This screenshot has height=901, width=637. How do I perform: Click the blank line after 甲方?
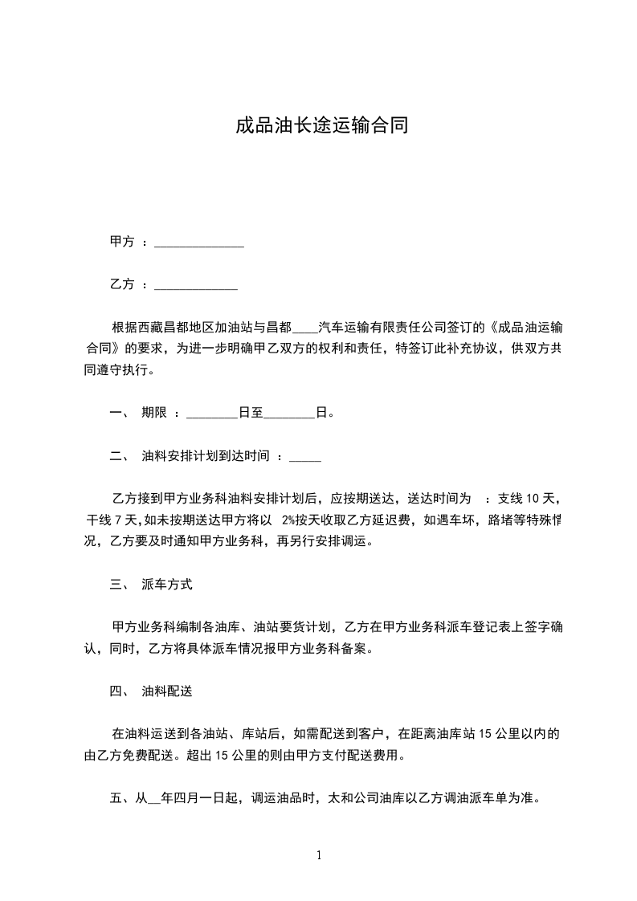198,243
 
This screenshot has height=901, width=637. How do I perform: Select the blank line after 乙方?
195,285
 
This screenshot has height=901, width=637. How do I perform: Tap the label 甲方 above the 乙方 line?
121,242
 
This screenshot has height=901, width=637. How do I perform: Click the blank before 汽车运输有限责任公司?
306,328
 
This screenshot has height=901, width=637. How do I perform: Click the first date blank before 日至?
212,415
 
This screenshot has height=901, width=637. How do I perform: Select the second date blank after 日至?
289,415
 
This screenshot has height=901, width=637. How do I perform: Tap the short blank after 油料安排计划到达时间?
304,459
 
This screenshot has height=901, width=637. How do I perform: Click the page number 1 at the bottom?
319,854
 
